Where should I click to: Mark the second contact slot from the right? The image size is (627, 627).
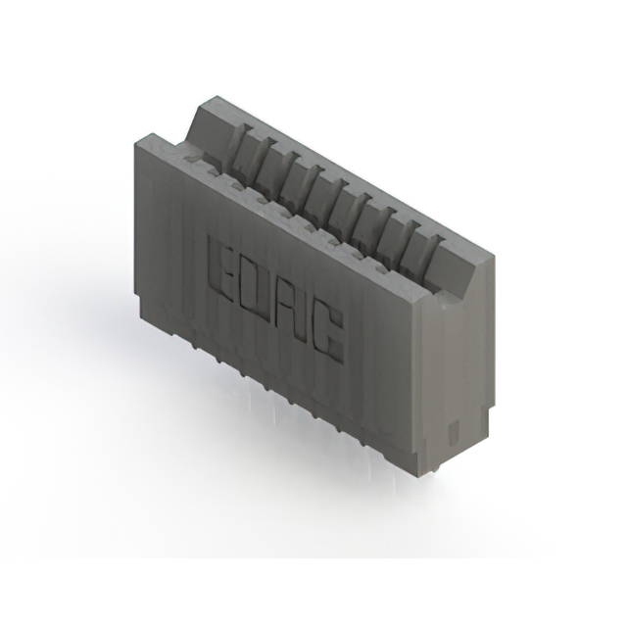399,221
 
